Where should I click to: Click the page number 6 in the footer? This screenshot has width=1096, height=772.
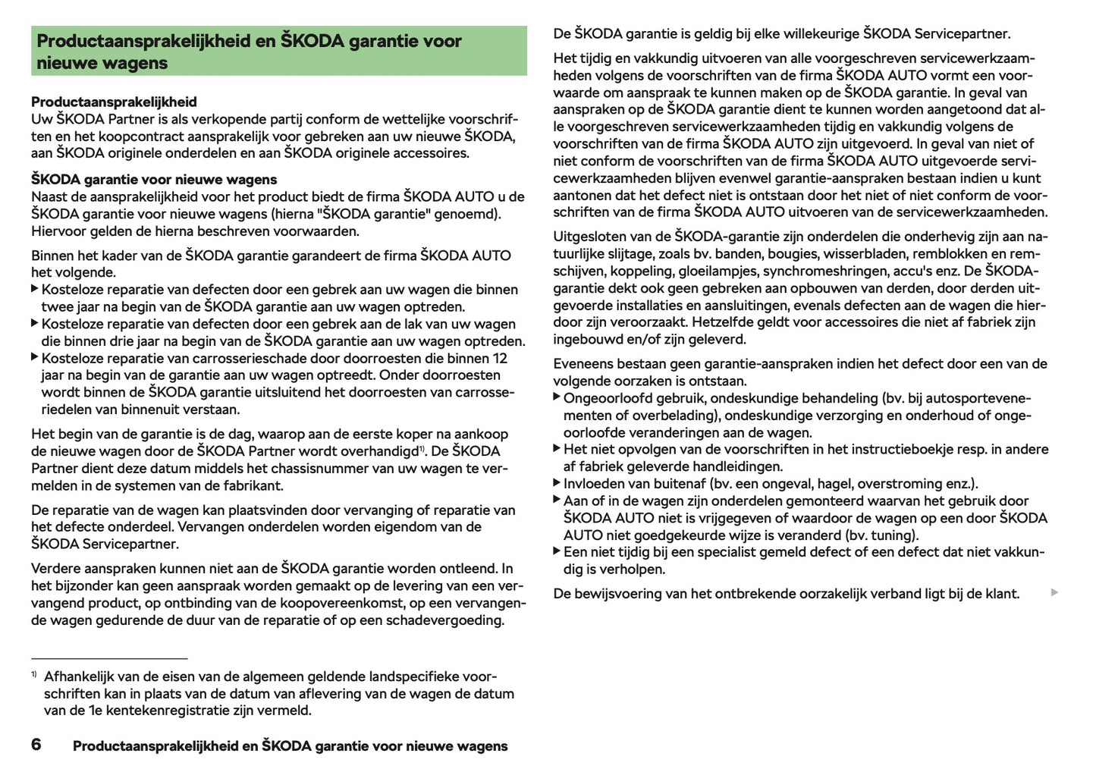coord(36,745)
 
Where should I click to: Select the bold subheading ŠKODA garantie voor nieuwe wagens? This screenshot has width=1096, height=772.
coord(154,180)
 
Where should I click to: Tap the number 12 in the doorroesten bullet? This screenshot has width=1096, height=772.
coord(500,358)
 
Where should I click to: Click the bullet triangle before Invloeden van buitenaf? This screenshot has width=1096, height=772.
coord(557,483)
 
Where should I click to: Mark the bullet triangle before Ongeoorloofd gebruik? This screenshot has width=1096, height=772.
coord(557,397)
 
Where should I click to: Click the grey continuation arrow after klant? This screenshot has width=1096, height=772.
coord(1054,592)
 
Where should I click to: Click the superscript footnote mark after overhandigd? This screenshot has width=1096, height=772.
coord(422,448)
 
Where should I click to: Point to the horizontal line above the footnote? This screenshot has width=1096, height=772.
coord(109,658)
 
